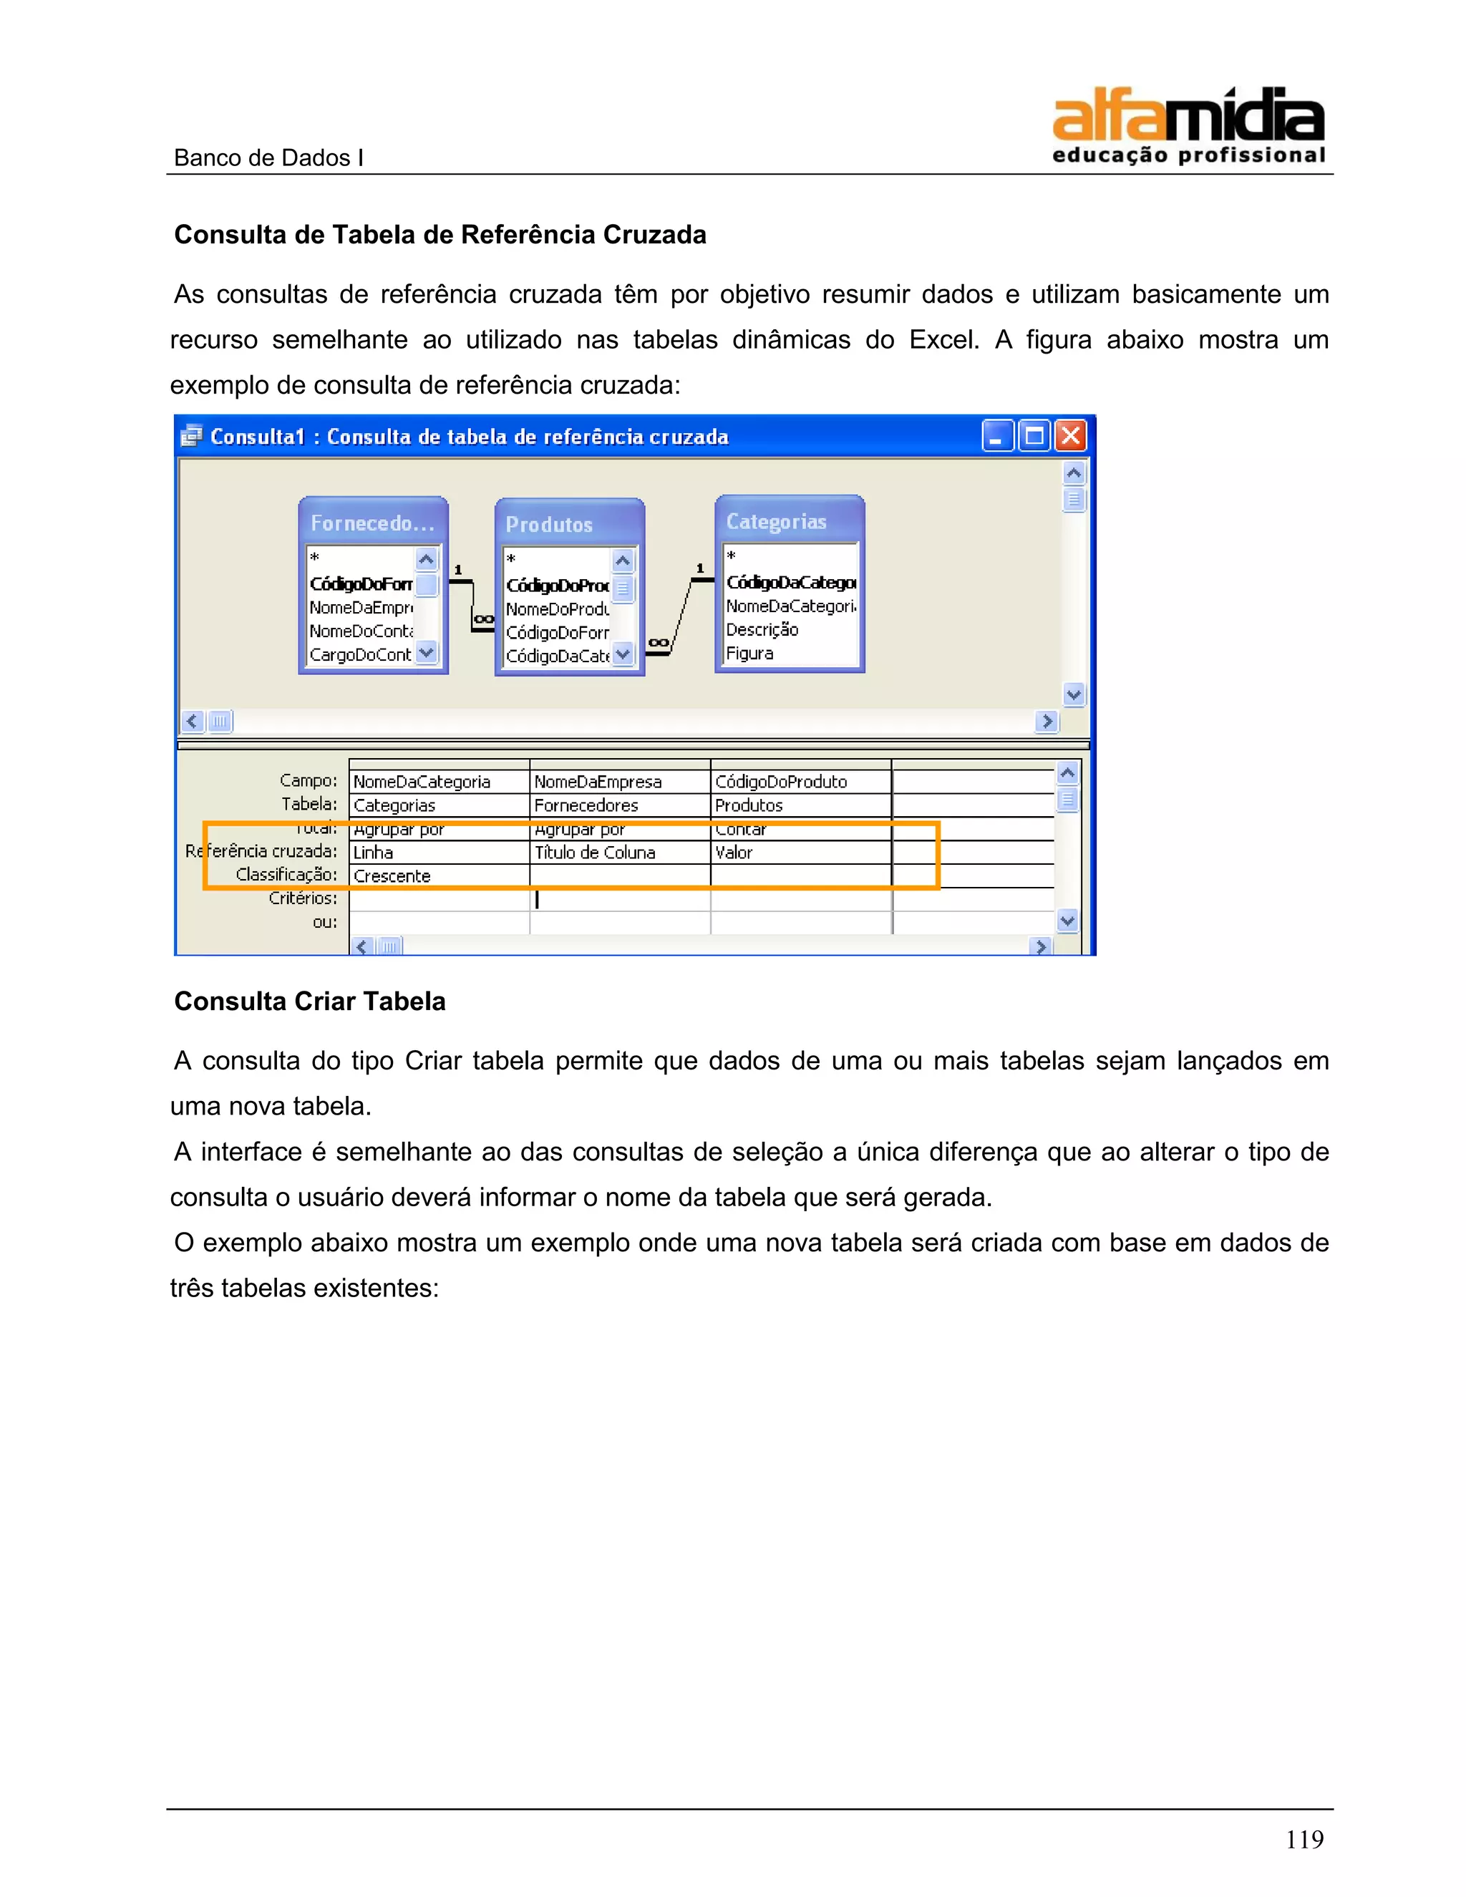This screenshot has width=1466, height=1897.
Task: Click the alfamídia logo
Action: point(1188,126)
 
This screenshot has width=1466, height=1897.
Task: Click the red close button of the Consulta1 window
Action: point(1071,435)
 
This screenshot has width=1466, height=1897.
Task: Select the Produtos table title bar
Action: point(569,524)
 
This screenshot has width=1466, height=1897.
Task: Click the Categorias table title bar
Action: point(789,521)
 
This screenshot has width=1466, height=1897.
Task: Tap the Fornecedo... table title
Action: point(372,523)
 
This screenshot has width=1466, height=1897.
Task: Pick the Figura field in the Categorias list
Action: point(749,653)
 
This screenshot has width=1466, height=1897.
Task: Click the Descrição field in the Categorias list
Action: point(762,630)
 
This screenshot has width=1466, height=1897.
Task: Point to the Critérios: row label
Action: point(302,898)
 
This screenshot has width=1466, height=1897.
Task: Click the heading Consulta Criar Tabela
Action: point(310,1001)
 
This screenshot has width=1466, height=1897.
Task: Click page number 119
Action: point(1304,1839)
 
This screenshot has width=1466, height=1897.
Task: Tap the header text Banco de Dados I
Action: point(268,158)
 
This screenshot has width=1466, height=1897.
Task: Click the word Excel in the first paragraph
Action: point(944,339)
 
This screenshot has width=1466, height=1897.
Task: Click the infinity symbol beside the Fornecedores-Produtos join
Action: point(484,619)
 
